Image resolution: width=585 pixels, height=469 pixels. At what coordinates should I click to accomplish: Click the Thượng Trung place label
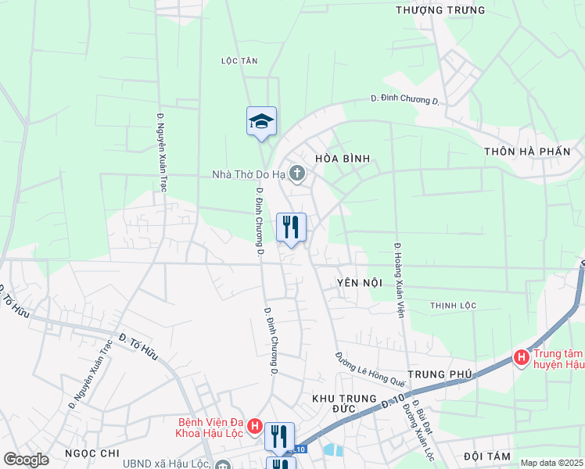pyautogui.click(x=440, y=10)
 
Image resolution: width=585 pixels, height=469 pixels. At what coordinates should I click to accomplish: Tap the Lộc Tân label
pyautogui.click(x=239, y=60)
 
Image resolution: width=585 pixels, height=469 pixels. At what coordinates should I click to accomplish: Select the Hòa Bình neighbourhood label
pyautogui.click(x=342, y=159)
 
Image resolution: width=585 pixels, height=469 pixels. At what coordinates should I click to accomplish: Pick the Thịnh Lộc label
pyautogui.click(x=453, y=304)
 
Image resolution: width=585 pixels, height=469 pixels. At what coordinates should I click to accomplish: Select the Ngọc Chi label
pyautogui.click(x=92, y=453)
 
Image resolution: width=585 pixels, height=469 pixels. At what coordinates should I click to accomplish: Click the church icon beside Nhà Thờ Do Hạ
pyautogui.click(x=296, y=173)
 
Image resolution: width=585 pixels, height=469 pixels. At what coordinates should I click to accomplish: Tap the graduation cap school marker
pyautogui.click(x=262, y=121)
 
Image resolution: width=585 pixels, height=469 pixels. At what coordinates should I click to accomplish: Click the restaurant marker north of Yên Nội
pyautogui.click(x=291, y=227)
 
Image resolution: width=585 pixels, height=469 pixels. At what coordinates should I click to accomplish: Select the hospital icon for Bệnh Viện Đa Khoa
pyautogui.click(x=253, y=427)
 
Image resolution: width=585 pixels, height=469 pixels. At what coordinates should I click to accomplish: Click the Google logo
pyautogui.click(x=26, y=460)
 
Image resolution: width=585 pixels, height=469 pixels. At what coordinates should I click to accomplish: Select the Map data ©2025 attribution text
pyautogui.click(x=552, y=463)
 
